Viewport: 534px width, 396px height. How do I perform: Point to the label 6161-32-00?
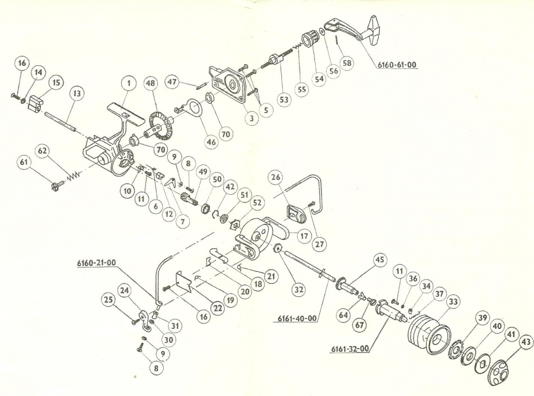point(349,349)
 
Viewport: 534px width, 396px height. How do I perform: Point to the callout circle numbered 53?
point(284,100)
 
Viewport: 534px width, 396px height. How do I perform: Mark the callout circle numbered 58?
point(347,62)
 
